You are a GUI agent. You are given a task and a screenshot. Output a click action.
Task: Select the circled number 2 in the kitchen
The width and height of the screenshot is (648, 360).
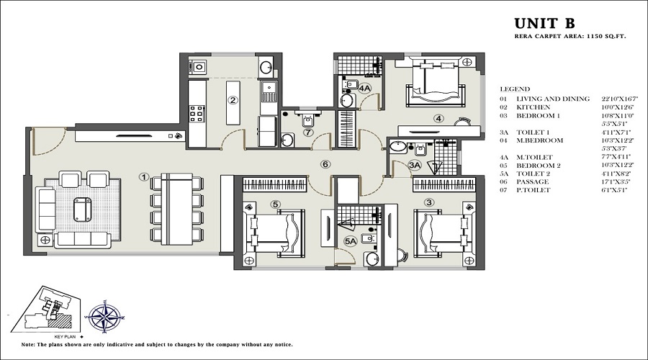pyautogui.click(x=233, y=100)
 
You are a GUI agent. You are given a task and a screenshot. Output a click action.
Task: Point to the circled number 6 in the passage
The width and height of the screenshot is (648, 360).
pyautogui.click(x=325, y=164)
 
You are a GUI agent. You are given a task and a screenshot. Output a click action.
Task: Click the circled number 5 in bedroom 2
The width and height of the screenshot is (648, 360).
pyautogui.click(x=274, y=204)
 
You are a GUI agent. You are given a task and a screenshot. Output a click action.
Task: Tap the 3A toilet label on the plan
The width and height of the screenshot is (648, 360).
pyautogui.click(x=414, y=165)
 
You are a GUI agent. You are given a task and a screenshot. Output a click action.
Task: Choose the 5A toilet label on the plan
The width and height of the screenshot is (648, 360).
pyautogui.click(x=351, y=242)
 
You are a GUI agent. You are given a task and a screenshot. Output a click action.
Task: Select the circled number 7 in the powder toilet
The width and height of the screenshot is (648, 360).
pyautogui.click(x=307, y=132)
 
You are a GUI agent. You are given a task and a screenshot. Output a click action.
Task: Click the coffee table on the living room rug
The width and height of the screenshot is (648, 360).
pyautogui.click(x=82, y=208)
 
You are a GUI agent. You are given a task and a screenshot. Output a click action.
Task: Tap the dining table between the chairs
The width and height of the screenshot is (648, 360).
pyautogui.click(x=176, y=208)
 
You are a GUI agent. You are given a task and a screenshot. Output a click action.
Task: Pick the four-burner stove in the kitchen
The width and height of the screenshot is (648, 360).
pyautogui.click(x=197, y=114)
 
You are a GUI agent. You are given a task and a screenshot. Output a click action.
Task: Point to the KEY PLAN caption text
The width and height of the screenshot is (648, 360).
pyautogui.click(x=62, y=336)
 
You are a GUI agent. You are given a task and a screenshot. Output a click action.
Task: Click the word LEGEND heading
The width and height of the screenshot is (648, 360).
pyautogui.click(x=514, y=89)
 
